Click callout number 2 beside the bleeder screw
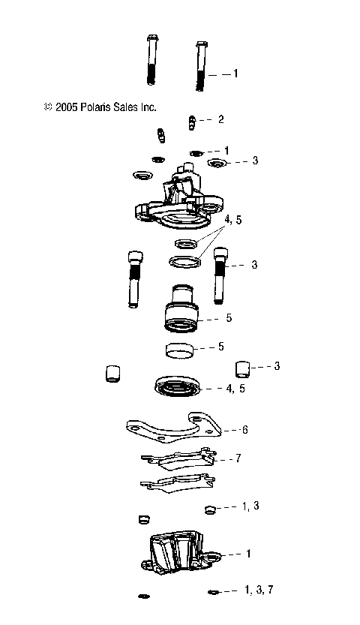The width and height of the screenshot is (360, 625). [220, 119]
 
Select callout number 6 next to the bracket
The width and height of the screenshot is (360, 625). [244, 430]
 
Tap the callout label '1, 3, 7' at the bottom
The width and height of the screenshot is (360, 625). [259, 590]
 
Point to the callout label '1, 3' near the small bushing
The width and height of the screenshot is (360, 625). [251, 507]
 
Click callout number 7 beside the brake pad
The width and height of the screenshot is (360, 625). [238, 457]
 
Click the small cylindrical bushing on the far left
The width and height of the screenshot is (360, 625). [112, 373]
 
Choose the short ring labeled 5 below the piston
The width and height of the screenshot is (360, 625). [180, 350]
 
